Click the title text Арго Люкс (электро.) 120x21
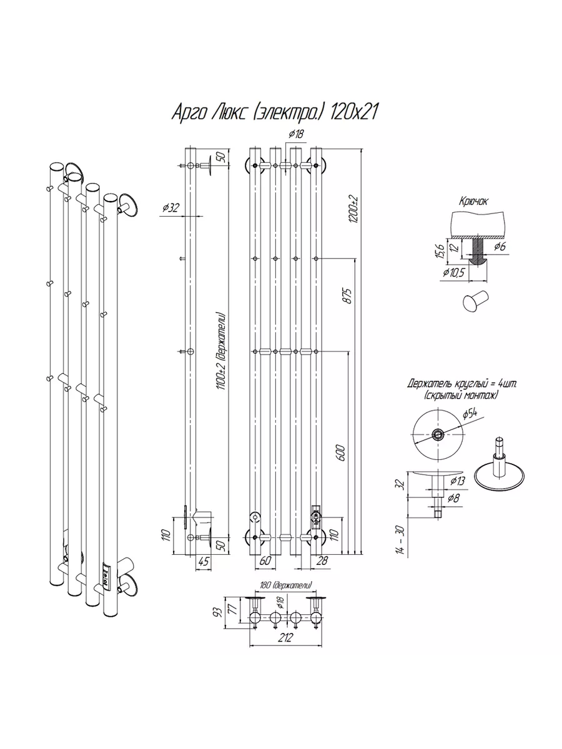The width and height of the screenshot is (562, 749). point(275,112)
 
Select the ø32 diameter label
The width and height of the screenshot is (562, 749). point(170,207)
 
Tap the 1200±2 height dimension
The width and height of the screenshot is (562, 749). point(353,209)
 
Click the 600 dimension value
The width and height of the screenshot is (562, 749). point(340,453)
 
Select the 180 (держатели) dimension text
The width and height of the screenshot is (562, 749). point(285,585)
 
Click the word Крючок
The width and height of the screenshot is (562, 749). point(473,202)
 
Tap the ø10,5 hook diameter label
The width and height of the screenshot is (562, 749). point(453,273)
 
